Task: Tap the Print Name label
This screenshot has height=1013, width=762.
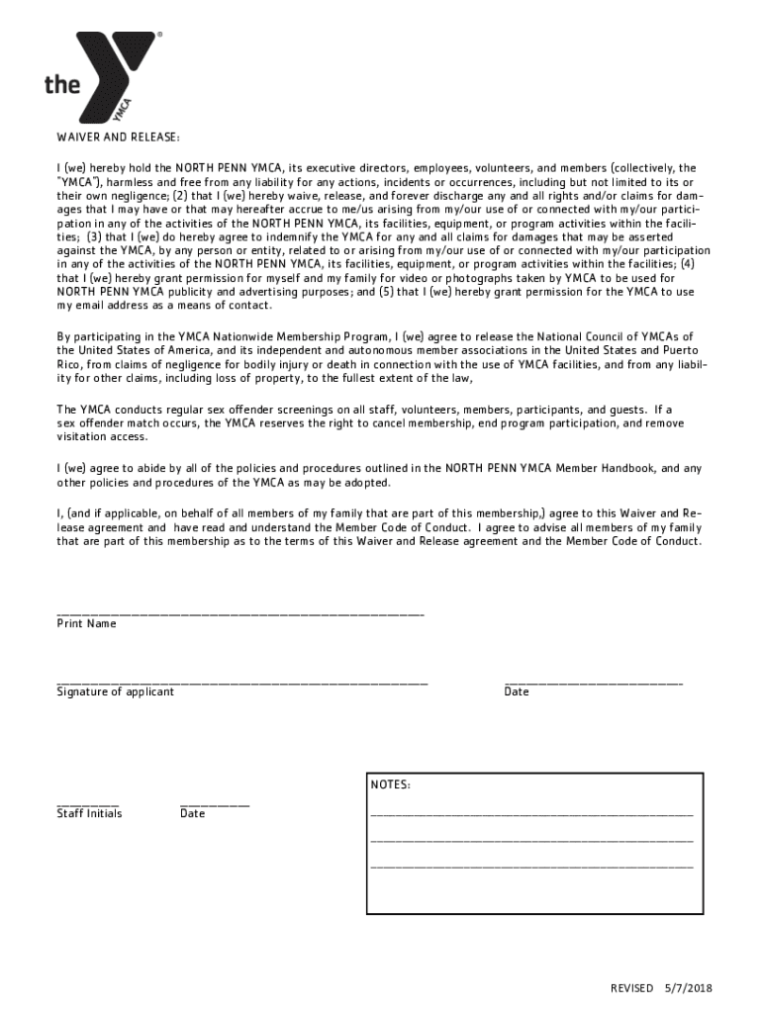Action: coord(86,624)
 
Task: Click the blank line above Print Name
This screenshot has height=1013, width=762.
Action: coord(240,614)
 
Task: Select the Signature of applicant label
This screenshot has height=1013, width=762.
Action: coord(115,691)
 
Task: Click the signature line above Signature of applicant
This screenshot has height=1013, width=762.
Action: coord(242,683)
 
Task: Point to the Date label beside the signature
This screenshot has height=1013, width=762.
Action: coord(517,691)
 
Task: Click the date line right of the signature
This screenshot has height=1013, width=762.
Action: coord(593,683)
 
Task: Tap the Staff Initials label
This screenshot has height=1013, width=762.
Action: coord(89,813)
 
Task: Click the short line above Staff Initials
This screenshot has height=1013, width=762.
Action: coord(87,804)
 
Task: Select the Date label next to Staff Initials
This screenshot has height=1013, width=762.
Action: coord(192,813)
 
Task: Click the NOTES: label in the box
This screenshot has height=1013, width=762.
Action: coord(391,785)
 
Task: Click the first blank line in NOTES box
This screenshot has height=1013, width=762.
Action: coord(531,814)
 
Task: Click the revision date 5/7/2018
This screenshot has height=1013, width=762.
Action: coord(690,988)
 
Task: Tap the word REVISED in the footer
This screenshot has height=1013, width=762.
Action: coord(631,988)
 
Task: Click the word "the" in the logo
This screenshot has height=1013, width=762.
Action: coord(62,85)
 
